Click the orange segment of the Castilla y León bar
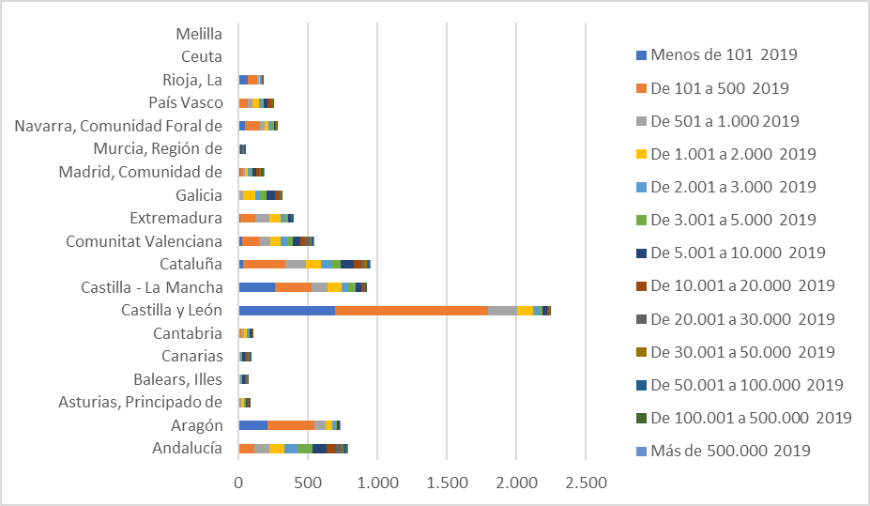(x=411, y=311)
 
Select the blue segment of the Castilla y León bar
(x=286, y=311)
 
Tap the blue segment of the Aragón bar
(x=252, y=425)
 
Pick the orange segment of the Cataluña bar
(x=264, y=265)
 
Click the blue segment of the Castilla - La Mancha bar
(x=256, y=287)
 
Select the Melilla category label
(x=199, y=34)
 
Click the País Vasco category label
(x=186, y=102)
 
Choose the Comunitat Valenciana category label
(x=144, y=241)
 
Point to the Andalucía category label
(x=187, y=449)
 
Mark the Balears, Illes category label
(x=177, y=379)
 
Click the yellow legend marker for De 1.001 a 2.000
(x=641, y=154)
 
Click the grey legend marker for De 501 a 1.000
(x=641, y=121)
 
